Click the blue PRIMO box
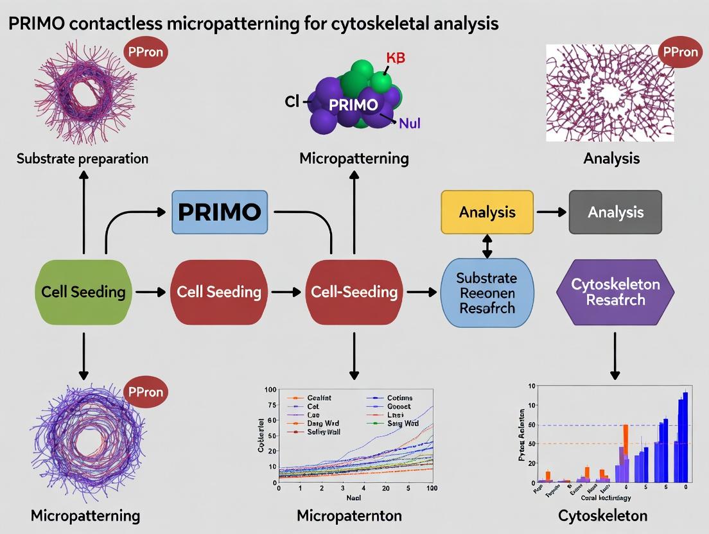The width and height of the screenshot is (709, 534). pyautogui.click(x=220, y=212)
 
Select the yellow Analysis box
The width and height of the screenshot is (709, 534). pyautogui.click(x=487, y=212)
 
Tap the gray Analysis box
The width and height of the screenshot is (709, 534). pyautogui.click(x=615, y=212)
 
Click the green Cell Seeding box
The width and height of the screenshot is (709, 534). pyautogui.click(x=83, y=292)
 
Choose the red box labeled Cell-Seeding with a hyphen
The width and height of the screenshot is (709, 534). pyautogui.click(x=354, y=292)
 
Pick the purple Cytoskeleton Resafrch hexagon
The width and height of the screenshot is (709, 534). pyautogui.click(x=615, y=292)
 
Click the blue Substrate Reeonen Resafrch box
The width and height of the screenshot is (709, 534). pyautogui.click(x=486, y=292)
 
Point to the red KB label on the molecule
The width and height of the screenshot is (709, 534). pyautogui.click(x=396, y=58)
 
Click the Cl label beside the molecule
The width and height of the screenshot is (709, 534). pyautogui.click(x=292, y=101)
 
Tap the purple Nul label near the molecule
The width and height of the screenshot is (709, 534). pyautogui.click(x=410, y=123)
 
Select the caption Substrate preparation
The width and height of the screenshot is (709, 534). pyautogui.click(x=82, y=159)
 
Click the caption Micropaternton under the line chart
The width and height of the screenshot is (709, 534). pyautogui.click(x=349, y=515)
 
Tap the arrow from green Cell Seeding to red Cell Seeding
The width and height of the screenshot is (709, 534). pyautogui.click(x=150, y=292)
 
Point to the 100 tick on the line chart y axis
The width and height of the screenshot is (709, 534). pyautogui.click(x=270, y=390)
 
